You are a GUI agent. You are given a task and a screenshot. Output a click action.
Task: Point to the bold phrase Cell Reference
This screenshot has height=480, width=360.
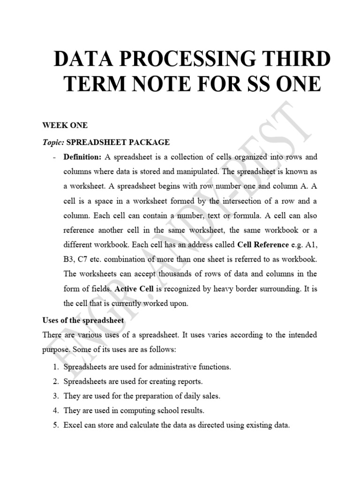[x=263, y=244]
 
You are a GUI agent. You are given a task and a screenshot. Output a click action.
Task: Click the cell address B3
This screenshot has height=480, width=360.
[x=69, y=259]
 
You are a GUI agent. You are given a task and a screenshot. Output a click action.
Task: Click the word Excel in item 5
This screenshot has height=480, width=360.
[x=73, y=426]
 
